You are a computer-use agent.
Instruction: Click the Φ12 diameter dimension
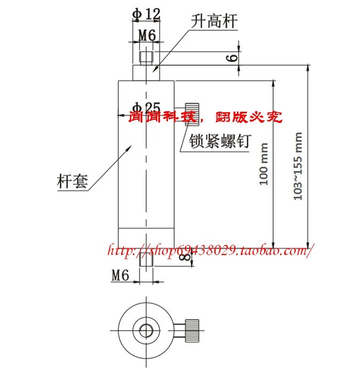pyautogui.click(x=145, y=14)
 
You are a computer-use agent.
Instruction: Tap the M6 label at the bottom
pyautogui.click(x=121, y=275)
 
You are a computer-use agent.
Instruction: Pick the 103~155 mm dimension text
pyautogui.click(x=298, y=166)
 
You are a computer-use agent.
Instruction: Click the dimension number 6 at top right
pyautogui.click(x=232, y=57)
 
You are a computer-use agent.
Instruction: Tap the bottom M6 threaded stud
pyautogui.click(x=145, y=260)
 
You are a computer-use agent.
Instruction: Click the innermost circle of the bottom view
pyautogui.click(x=145, y=329)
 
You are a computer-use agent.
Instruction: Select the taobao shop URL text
pyautogui.click(x=209, y=250)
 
